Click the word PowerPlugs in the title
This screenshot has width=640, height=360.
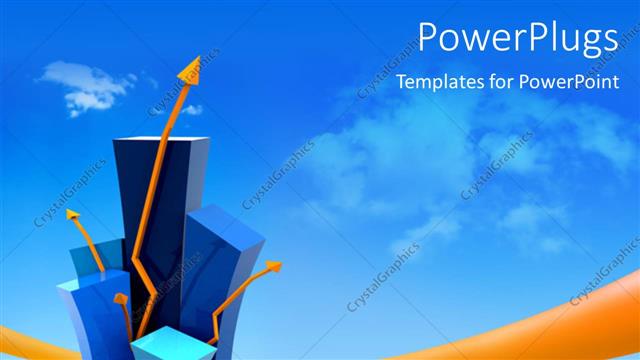(517, 38)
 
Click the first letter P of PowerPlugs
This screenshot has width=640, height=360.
(428, 38)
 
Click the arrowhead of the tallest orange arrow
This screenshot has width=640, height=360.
(189, 71)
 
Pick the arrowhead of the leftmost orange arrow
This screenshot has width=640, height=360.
(72, 214)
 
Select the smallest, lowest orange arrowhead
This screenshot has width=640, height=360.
(120, 298)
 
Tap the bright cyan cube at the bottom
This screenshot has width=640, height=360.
(172, 346)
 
